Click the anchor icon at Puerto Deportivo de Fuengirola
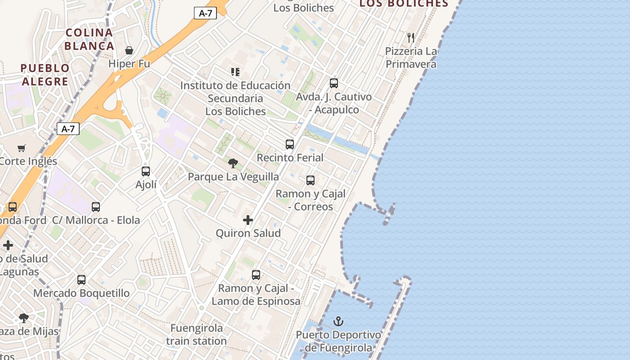coord(338,321)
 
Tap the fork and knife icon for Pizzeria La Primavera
coord(410,37)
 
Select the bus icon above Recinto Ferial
coord(290,144)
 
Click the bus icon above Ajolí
coord(146,171)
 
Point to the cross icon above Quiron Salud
coord(247,220)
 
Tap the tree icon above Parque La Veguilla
coord(233,163)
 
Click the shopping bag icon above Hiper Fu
coord(129,50)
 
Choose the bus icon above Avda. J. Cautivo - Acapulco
coord(334,83)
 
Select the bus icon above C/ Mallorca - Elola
coord(96,207)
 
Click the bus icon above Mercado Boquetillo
coord(81,280)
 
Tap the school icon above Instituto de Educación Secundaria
coord(235,72)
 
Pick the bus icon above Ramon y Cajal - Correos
coord(310,180)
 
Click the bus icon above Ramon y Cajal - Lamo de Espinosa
coord(256,275)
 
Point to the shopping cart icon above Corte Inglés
coord(21,148)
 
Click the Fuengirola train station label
coord(196,334)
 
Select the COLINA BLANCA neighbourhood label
coord(89,39)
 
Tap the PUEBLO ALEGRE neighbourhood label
coord(45,75)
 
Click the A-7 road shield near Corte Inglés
coord(68,129)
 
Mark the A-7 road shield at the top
coord(205,13)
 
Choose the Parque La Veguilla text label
coord(233,177)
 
